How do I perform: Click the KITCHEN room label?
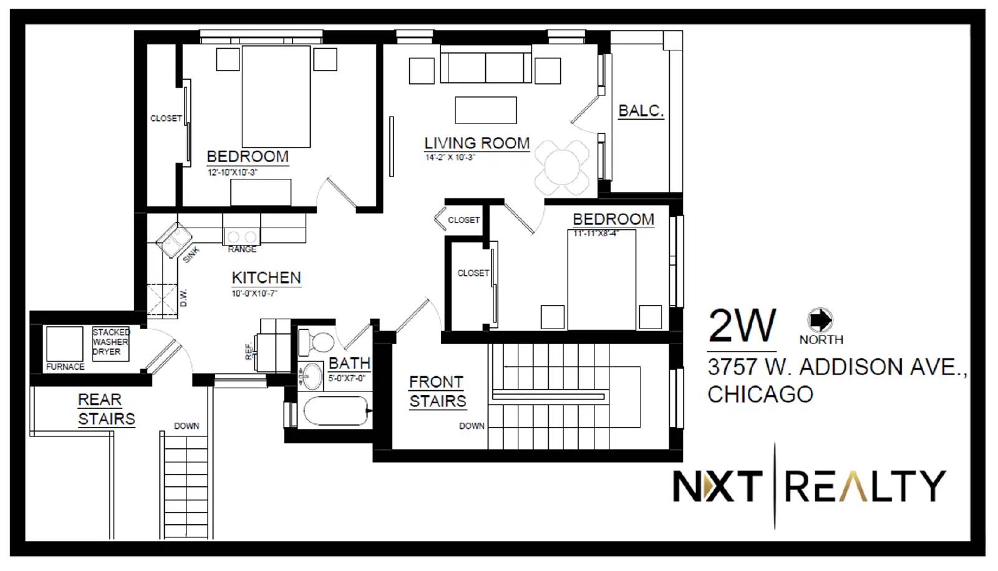click(266, 278)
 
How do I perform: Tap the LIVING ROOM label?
click(477, 143)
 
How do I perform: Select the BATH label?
click(349, 363)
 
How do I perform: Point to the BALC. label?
click(641, 111)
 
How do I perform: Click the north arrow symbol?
click(820, 320)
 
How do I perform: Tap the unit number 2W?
click(742, 326)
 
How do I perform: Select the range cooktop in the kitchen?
click(241, 237)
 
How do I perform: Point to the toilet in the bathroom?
click(319, 342)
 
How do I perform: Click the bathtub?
click(336, 411)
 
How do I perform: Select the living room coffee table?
click(486, 110)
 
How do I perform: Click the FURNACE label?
click(65, 367)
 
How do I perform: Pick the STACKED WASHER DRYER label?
click(110, 342)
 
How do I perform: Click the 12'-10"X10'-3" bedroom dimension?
click(232, 173)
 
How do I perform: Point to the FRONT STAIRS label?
click(437, 391)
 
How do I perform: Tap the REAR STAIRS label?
click(106, 409)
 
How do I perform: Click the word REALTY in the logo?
click(865, 486)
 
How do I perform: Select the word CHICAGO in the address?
click(760, 395)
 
